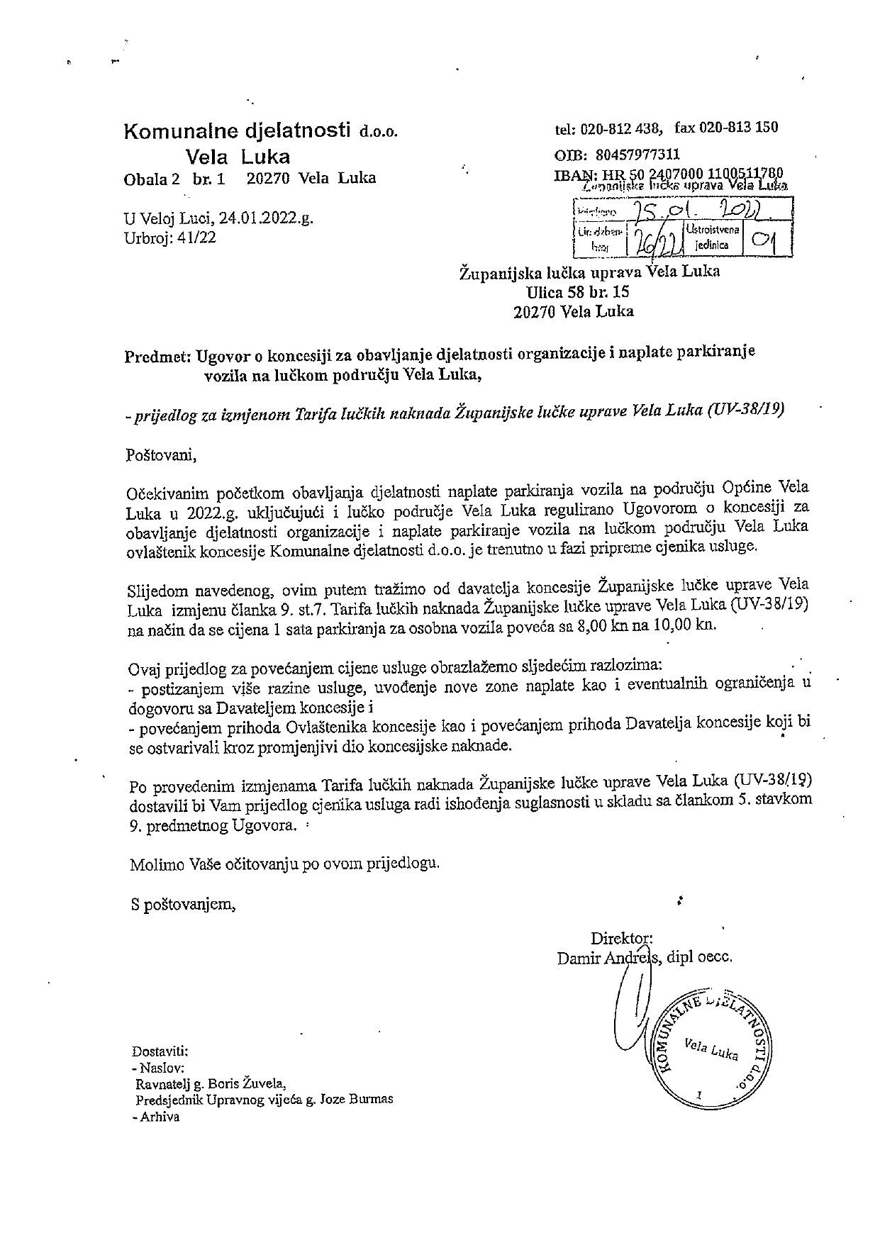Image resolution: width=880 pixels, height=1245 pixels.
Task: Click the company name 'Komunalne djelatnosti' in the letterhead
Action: [238, 130]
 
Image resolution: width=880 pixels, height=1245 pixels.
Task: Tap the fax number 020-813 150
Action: [738, 128]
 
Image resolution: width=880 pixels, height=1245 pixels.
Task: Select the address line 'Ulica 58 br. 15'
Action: [577, 291]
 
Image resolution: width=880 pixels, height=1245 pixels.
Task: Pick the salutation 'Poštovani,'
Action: [161, 454]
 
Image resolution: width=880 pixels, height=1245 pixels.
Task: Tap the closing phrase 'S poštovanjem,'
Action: [182, 904]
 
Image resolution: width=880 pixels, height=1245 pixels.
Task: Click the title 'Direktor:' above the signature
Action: [616, 939]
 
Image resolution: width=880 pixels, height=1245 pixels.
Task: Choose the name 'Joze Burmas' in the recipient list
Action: [357, 1100]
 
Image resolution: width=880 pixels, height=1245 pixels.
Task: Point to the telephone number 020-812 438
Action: [620, 129]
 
